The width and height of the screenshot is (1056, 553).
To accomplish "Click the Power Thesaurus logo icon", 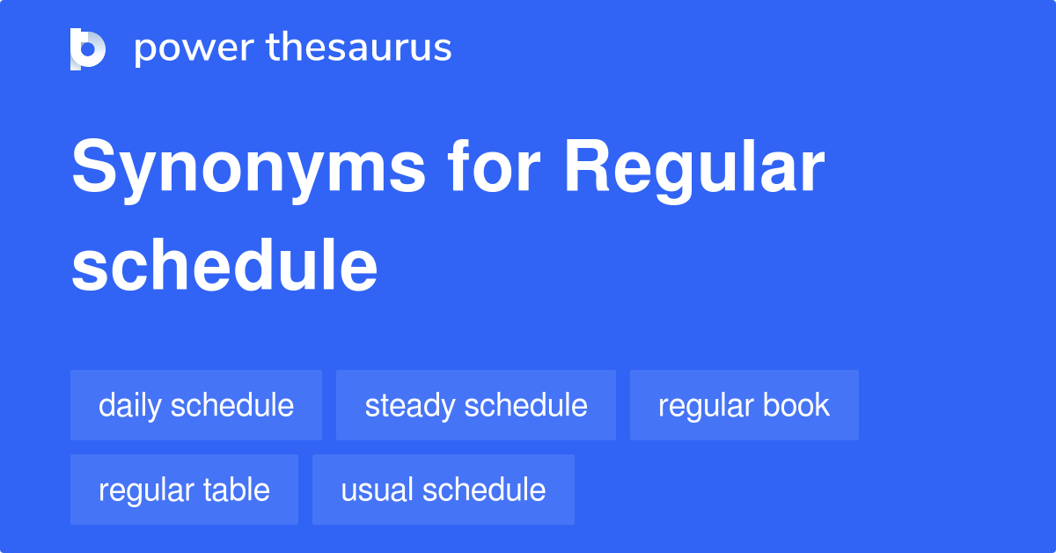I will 88,48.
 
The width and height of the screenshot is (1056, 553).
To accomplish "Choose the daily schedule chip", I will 196,405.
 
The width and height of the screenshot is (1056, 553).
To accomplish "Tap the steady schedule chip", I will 476,405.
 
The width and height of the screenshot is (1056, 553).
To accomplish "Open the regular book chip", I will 744,405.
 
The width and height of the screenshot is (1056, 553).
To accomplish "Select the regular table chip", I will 184,490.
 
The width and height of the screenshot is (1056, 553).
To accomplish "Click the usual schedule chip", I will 443,490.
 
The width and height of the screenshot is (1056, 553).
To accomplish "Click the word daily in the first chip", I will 130,405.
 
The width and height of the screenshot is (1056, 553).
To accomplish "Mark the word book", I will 797,405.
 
